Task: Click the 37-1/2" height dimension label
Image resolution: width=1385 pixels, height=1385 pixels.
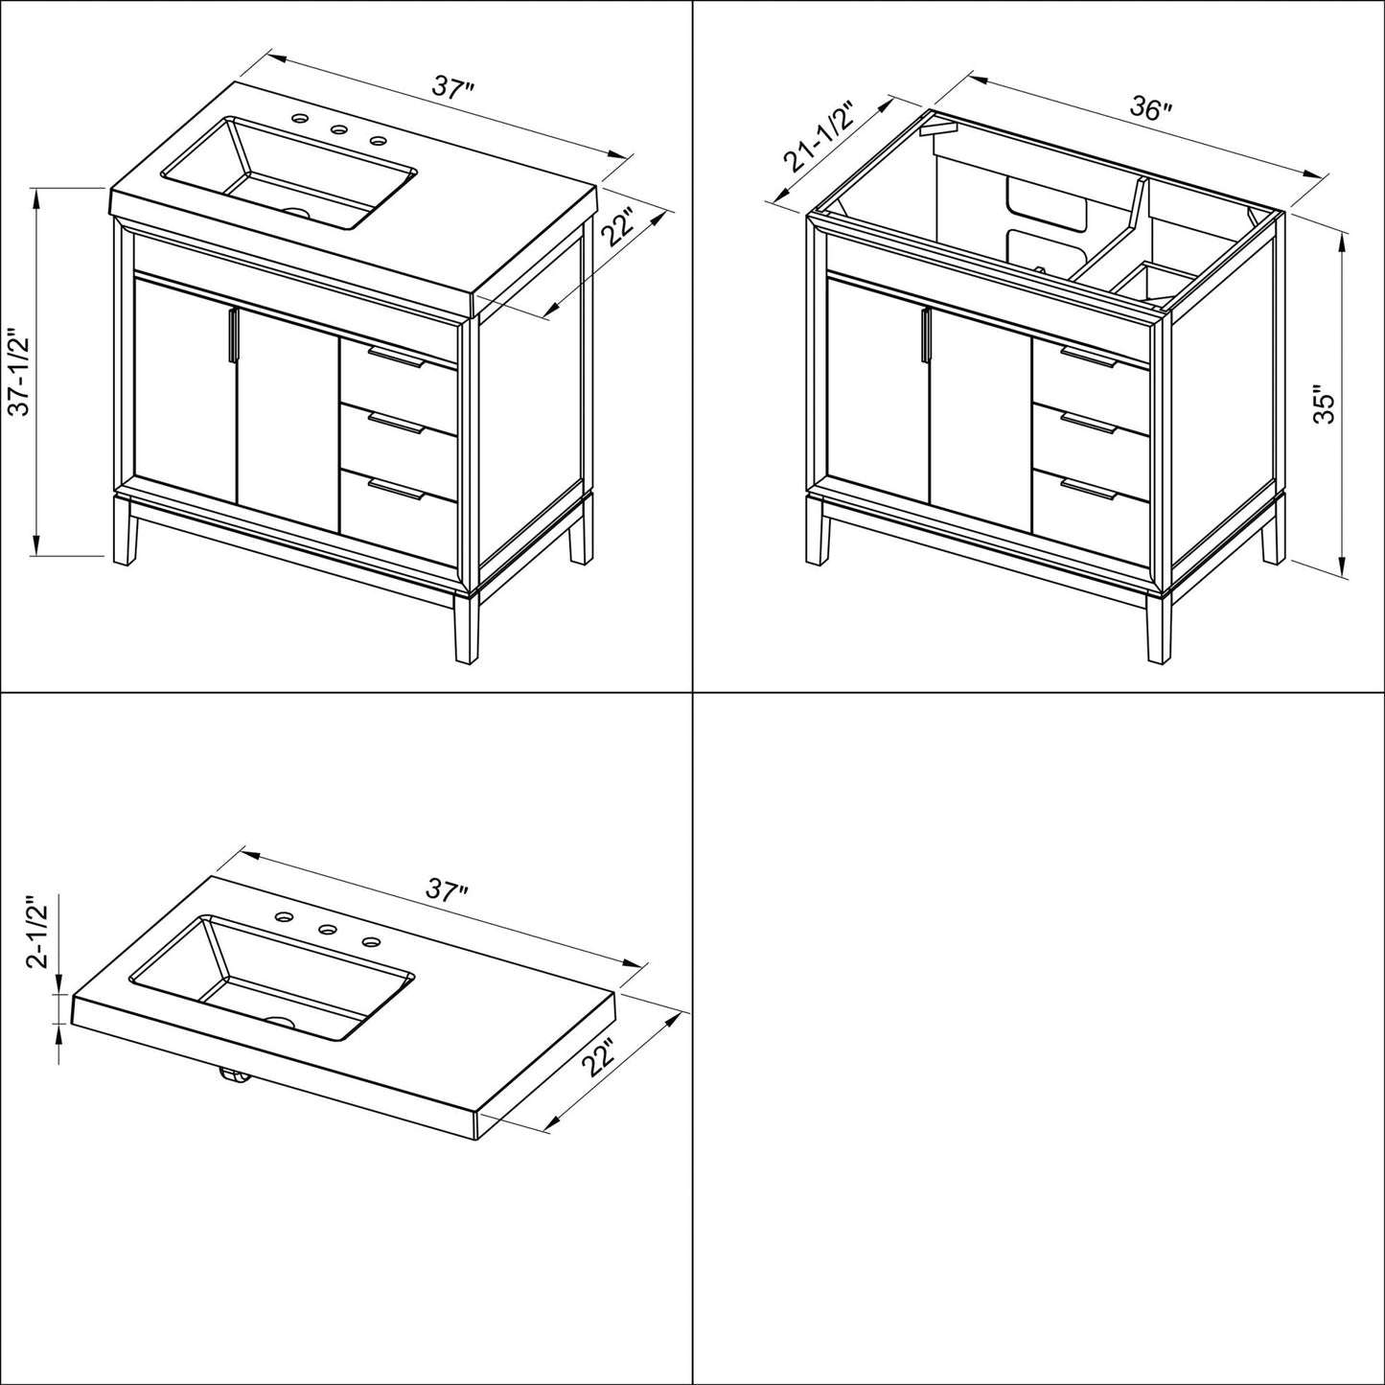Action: [20, 373]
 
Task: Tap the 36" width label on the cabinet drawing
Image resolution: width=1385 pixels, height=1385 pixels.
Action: [1149, 108]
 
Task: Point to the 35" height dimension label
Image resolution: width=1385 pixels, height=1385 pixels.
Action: [1325, 404]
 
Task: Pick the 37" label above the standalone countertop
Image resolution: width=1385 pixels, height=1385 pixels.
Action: [447, 890]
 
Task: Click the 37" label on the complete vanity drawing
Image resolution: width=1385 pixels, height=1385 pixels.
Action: [452, 88]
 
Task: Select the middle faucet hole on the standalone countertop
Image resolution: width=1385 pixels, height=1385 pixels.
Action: [325, 929]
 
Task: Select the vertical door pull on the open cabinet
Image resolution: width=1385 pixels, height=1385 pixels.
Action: [926, 336]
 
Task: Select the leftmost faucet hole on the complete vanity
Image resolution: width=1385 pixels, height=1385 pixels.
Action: [300, 120]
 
